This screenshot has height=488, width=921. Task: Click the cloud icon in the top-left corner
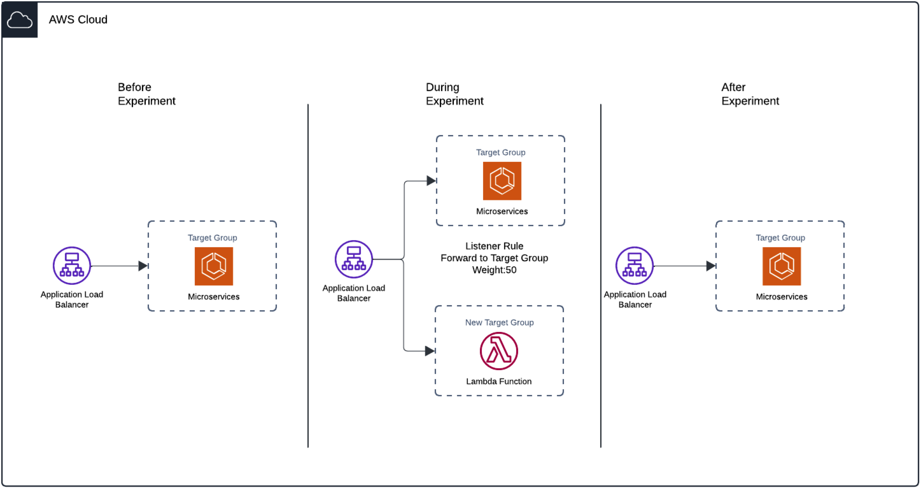[19, 20]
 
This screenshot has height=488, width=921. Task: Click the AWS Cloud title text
[78, 19]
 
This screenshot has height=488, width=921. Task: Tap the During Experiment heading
[454, 94]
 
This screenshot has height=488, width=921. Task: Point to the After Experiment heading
[750, 94]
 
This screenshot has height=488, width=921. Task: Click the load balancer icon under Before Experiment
[72, 265]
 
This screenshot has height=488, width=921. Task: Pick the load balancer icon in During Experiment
[354, 259]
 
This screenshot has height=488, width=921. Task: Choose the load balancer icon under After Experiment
[634, 265]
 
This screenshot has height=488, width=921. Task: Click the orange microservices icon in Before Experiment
[214, 266]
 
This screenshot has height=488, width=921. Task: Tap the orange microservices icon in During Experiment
[502, 181]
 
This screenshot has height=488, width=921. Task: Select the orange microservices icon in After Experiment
[781, 266]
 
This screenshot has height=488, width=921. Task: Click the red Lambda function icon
[498, 351]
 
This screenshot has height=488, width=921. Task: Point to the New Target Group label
[499, 322]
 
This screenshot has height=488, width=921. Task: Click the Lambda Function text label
[498, 381]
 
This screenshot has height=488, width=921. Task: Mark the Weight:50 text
[494, 270]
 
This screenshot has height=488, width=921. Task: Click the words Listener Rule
[494, 246]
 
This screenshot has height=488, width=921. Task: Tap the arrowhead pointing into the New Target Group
[430, 351]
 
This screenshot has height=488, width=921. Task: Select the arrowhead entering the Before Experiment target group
[143, 266]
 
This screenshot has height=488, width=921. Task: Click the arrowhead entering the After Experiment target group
[711, 266]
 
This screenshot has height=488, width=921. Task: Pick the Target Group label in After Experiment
[780, 238]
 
